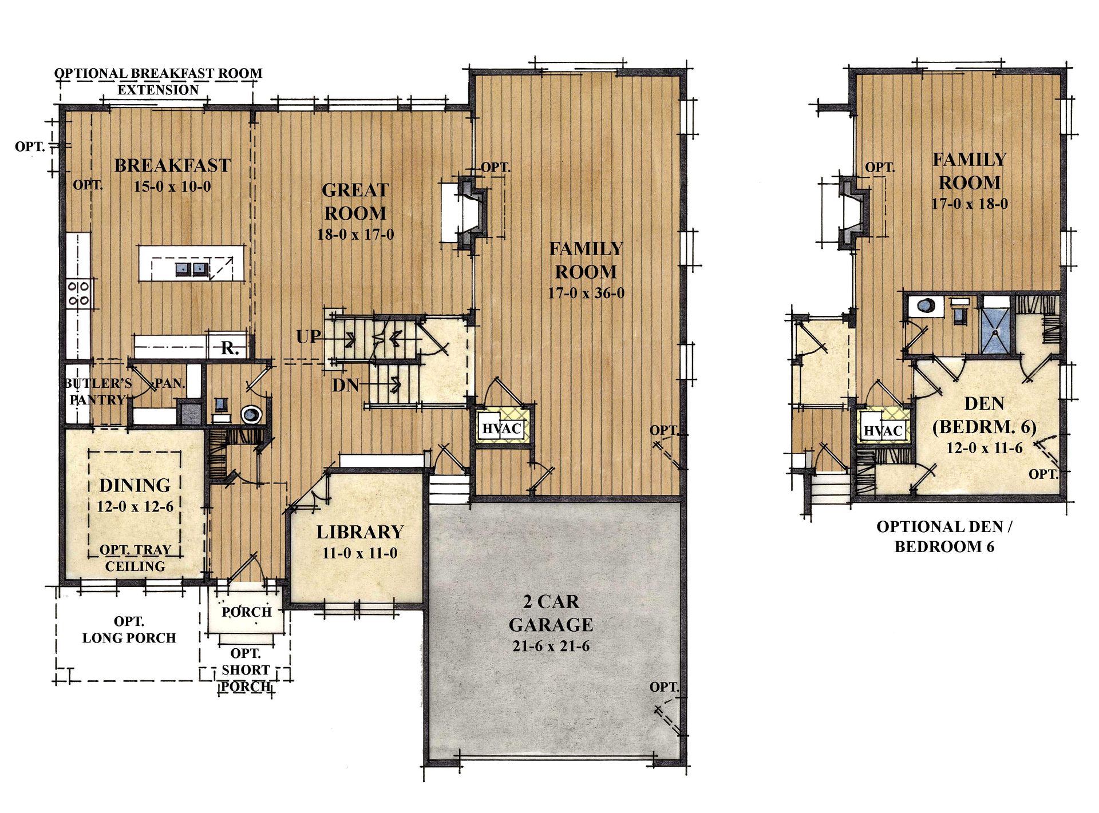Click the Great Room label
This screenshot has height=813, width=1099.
tap(355, 201)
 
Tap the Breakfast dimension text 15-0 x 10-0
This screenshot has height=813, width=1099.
tap(172, 187)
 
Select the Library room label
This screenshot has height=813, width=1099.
tap(360, 532)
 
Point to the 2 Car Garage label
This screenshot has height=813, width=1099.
tap(551, 613)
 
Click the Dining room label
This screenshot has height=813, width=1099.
tap(135, 485)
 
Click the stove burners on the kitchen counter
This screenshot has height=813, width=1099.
tap(78, 293)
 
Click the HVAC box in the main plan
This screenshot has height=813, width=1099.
tap(502, 428)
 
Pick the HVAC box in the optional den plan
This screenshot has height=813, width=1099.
tap(883, 430)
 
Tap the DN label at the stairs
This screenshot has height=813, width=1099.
tap(346, 385)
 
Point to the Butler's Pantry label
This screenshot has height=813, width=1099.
tap(98, 391)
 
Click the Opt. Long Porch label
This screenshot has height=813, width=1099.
tap(129, 629)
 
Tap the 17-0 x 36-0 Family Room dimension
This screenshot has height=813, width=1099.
tap(586, 293)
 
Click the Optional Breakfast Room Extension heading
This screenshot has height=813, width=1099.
tap(159, 81)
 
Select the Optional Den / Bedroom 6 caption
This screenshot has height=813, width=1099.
tap(944, 536)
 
